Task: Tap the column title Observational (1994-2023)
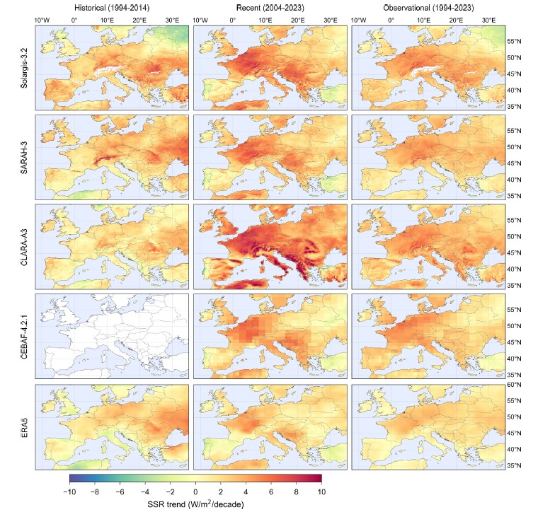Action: pyautogui.click(x=428, y=7)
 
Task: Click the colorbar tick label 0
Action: pyautogui.click(x=195, y=490)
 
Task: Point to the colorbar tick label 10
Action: pyautogui.click(x=321, y=490)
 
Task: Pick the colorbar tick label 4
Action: pyautogui.click(x=246, y=490)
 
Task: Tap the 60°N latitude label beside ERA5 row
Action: pyautogui.click(x=515, y=385)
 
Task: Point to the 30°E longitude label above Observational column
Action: pyautogui.click(x=488, y=21)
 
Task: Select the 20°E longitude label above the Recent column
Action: pyautogui.click(x=298, y=21)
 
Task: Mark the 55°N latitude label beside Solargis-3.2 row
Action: pyautogui.click(x=515, y=42)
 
